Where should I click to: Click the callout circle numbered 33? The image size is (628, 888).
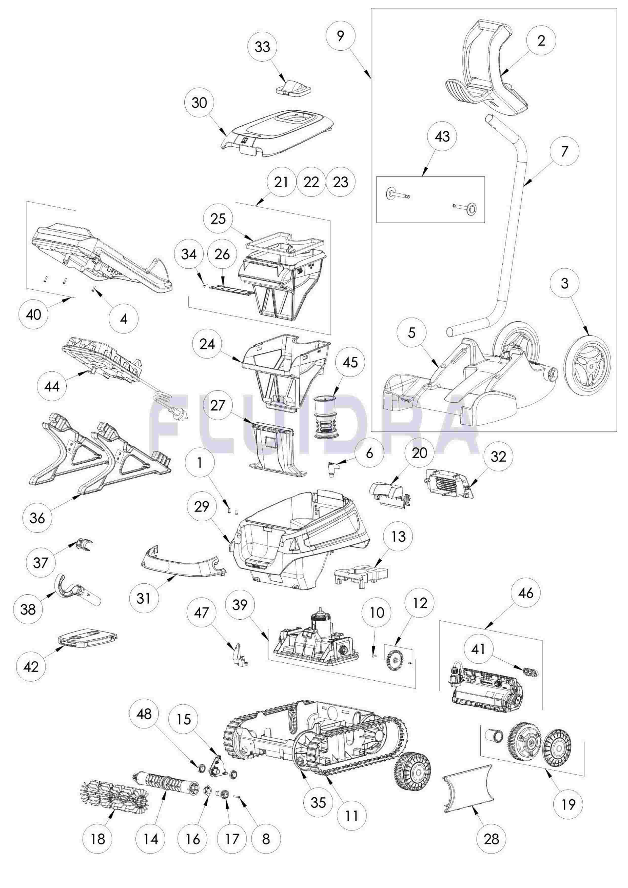(x=263, y=47)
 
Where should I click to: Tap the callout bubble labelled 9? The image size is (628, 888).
(x=340, y=36)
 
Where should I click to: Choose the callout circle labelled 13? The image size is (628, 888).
(x=398, y=537)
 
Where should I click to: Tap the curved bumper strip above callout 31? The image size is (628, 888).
(x=182, y=564)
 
